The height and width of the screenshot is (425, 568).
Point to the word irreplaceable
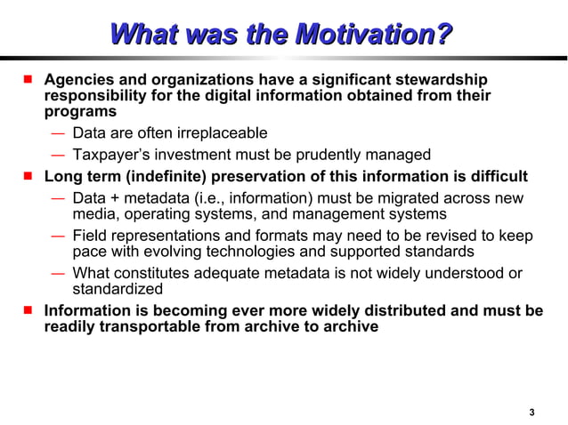[222, 133]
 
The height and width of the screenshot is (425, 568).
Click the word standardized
[118, 289]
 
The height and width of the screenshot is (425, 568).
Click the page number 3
[531, 411]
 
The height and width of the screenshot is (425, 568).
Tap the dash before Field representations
[57, 236]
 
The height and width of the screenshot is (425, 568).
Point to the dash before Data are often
[57, 133]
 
